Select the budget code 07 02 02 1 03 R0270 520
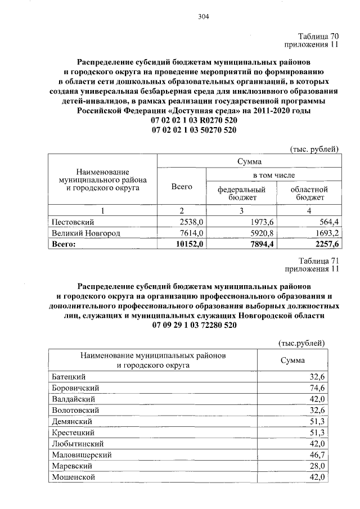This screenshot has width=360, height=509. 193,121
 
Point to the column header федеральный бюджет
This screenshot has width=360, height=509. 241,193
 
